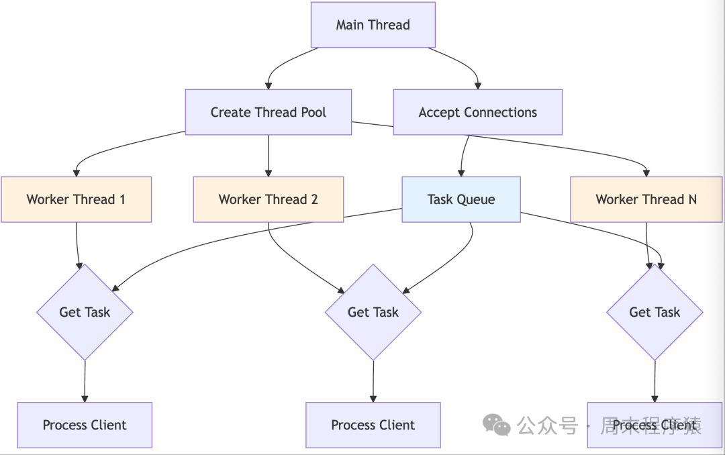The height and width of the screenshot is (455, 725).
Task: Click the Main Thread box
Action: pyautogui.click(x=373, y=25)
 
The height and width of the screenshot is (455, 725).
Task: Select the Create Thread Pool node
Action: pyautogui.click(x=268, y=112)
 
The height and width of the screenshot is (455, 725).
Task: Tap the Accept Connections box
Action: pyautogui.click(x=477, y=112)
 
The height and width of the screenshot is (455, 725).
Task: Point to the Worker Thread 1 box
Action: pyautogui.click(x=76, y=199)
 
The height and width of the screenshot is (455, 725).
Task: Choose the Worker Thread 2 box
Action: pyautogui.click(x=268, y=199)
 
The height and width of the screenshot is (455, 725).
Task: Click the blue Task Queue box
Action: pyautogui.click(x=461, y=199)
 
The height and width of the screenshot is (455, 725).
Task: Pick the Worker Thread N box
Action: pyautogui.click(x=646, y=199)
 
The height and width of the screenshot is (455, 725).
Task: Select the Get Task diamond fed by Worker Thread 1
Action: pyautogui.click(x=85, y=312)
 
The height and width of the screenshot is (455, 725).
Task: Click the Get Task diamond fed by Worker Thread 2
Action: pyautogui.click(x=373, y=312)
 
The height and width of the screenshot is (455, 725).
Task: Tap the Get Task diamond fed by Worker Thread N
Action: pyautogui.click(x=654, y=312)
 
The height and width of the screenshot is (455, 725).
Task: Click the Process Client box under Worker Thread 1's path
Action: pyautogui.click(x=85, y=425)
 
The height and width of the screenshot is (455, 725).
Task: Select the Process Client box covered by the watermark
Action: pyautogui.click(x=654, y=425)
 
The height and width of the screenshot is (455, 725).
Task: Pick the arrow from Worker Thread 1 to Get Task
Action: pyautogui.click(x=77, y=245)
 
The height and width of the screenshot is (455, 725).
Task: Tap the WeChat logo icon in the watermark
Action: pyautogui.click(x=497, y=424)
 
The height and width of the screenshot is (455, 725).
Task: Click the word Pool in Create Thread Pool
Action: pyautogui.click(x=313, y=112)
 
